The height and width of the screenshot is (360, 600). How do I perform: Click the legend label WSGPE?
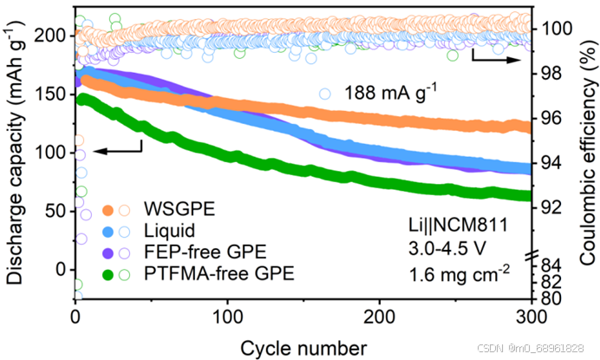(174, 210)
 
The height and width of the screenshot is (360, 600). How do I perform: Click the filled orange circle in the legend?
(108, 210)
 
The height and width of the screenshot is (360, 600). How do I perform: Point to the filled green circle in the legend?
(108, 274)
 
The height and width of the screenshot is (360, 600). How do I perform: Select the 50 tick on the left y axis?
(55, 211)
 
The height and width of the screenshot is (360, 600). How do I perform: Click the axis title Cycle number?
(304, 346)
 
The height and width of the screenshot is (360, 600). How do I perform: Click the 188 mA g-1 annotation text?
(391, 92)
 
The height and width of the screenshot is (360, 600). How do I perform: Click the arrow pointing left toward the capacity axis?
(117, 151)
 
